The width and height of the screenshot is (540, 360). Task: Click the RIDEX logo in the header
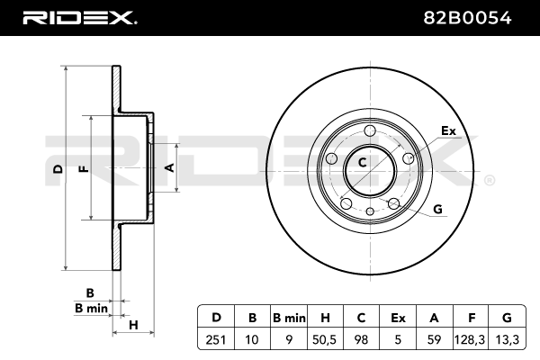tap(79, 18)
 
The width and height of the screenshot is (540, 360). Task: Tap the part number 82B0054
tap(467, 18)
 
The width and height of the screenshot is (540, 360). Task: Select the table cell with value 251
tap(216, 339)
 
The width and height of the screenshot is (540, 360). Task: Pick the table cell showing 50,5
tap(324, 339)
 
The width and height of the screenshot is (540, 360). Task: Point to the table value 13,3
tap(507, 339)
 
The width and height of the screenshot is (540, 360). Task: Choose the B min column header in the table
tap(289, 318)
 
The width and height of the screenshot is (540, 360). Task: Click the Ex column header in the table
tap(398, 318)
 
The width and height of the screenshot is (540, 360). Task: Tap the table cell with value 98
tap(361, 339)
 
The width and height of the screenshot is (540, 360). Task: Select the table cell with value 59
tap(434, 339)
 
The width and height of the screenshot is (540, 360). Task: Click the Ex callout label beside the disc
tap(448, 130)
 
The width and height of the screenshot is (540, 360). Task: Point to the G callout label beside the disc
tap(437, 209)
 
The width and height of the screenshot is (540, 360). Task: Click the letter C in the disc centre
tap(362, 162)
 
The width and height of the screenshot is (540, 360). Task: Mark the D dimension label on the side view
tap(58, 169)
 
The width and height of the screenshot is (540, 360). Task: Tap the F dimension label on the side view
tap(84, 169)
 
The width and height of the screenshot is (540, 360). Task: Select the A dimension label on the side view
tap(170, 167)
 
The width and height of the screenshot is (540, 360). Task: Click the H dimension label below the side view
tap(133, 325)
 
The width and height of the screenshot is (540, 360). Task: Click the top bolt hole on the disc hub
tap(370, 130)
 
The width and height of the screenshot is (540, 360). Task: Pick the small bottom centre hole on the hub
tap(370, 211)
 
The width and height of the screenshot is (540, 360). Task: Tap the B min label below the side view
tap(91, 308)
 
